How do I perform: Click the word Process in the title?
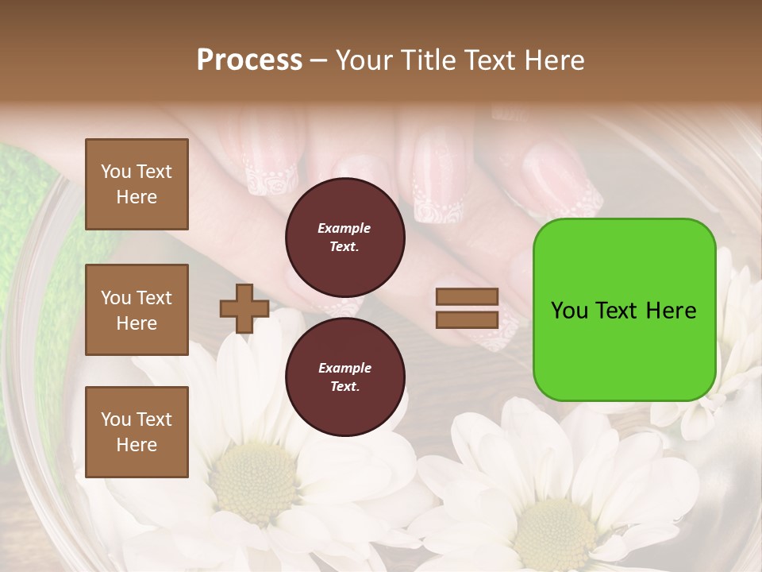tap(249, 60)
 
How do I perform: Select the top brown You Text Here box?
tap(137, 184)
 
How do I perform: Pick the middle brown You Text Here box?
tap(137, 310)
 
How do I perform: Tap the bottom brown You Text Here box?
tap(137, 431)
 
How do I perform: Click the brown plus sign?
tap(244, 308)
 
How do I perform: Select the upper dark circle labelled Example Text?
tap(344, 237)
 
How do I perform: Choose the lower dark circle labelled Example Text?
tap(344, 377)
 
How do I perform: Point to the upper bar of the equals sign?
tap(468, 297)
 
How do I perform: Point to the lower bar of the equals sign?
tap(468, 319)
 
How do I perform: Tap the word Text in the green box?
tap(618, 311)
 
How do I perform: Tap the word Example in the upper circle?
tap(344, 228)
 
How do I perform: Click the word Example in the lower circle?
tap(344, 368)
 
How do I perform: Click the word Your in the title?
tap(364, 60)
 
